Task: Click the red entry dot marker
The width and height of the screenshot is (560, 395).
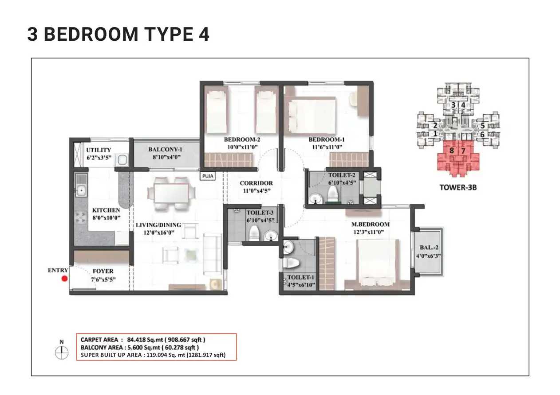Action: [64, 279]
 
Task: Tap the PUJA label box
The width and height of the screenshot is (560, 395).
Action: [208, 176]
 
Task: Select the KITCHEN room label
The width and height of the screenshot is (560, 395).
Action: [106, 210]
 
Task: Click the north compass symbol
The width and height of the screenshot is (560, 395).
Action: [61, 352]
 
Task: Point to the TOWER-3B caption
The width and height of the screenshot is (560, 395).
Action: [458, 187]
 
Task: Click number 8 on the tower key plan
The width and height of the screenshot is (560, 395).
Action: [451, 151]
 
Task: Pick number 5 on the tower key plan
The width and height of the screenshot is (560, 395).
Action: [482, 125]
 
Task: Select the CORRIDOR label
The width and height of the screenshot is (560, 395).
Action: [256, 183]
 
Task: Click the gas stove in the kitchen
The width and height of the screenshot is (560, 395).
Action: [81, 217]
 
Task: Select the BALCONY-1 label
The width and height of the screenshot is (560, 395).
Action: [165, 150]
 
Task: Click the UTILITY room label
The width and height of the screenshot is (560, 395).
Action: [99, 150]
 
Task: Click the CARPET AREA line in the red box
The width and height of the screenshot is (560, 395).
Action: [143, 340]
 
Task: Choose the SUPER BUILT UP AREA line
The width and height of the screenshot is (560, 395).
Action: [153, 355]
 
